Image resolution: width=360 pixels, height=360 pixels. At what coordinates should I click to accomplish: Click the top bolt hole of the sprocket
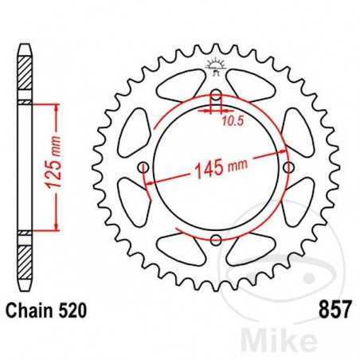[216, 96]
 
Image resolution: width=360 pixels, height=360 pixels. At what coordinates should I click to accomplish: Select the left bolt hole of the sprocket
[143, 167]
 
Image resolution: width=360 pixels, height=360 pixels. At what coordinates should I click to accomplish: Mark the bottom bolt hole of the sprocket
[216, 240]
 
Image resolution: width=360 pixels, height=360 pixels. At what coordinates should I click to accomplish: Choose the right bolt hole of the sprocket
[288, 167]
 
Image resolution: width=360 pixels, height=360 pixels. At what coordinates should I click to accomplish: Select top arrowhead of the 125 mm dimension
[56, 106]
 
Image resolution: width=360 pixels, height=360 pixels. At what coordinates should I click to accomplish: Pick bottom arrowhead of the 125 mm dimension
[56, 229]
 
